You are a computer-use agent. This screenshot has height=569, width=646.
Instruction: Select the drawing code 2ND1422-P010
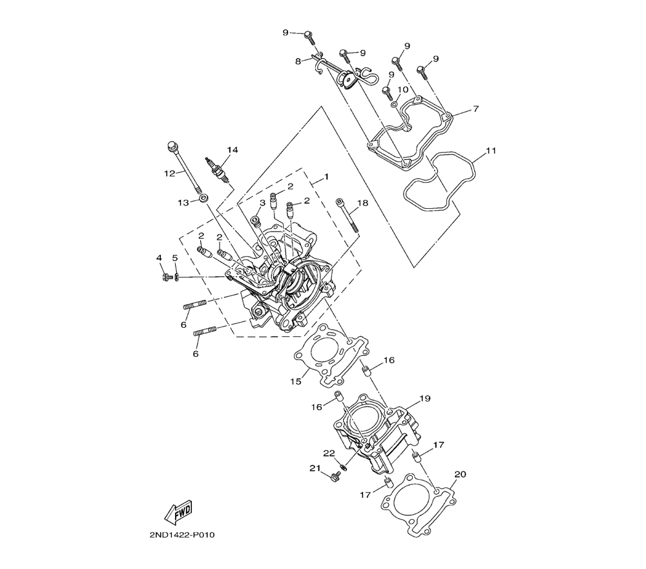[x=182, y=535]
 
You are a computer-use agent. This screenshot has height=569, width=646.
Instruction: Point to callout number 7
[x=476, y=109]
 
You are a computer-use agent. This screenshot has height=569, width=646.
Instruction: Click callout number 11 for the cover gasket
[x=491, y=151]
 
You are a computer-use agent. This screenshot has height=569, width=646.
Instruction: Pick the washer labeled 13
[x=203, y=199]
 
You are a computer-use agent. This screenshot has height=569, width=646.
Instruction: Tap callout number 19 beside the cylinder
[x=425, y=399]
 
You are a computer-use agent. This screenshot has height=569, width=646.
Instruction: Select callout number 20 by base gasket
[x=460, y=475]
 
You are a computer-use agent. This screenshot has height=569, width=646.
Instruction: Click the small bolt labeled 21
[x=334, y=478]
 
